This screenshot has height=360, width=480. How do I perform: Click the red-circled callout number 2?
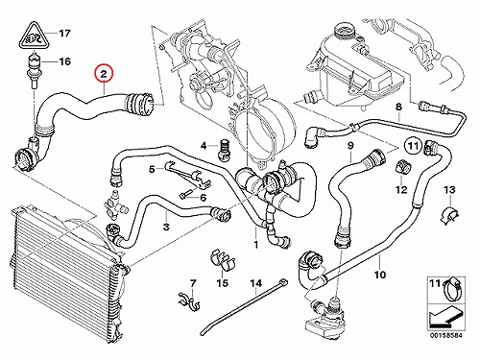point(104,74)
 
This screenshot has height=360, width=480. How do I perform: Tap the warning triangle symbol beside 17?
point(34,36)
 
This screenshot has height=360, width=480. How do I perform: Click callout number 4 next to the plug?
point(204,146)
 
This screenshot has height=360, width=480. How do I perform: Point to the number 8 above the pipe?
point(398,107)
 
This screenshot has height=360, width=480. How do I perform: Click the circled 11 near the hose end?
point(413,146)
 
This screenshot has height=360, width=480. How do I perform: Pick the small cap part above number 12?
point(402,166)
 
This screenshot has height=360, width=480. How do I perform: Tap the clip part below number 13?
point(449,215)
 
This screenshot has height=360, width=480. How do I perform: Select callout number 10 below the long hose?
point(380,275)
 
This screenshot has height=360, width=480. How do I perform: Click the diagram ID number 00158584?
point(445,336)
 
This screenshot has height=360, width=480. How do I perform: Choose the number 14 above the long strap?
point(255,283)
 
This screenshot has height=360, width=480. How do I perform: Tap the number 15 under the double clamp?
point(223,282)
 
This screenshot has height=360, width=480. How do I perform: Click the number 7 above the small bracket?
point(193,283)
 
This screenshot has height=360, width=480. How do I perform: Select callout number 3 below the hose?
point(166,228)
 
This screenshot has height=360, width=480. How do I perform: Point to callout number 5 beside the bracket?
point(152,169)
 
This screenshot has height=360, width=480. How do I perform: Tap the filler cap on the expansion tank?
point(345,32)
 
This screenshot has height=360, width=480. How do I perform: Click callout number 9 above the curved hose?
point(350,146)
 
